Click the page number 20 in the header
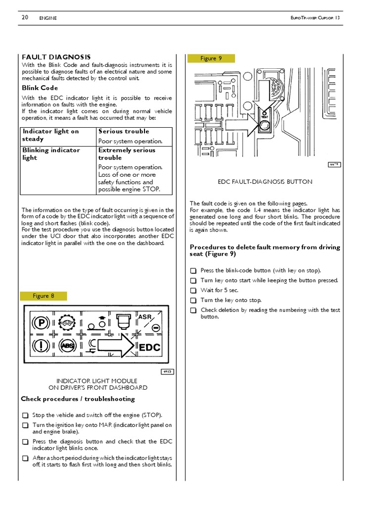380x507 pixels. point(25,18)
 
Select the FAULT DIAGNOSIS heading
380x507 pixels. point(56,57)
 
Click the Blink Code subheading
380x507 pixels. point(40,88)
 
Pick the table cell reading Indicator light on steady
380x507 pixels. point(50,135)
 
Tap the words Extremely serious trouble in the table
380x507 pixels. point(127,154)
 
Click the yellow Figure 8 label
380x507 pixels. point(44,296)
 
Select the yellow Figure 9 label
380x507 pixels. point(211,58)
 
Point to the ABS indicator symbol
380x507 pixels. point(67,346)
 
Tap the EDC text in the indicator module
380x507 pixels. point(149,348)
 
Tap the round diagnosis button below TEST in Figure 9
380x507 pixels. point(265,126)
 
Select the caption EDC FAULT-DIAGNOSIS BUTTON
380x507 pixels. point(265,182)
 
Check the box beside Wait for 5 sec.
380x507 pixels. point(193,291)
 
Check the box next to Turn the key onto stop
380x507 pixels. point(193,301)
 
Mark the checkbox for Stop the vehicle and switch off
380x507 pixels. point(25,415)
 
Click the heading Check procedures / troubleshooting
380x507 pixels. point(78,399)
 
